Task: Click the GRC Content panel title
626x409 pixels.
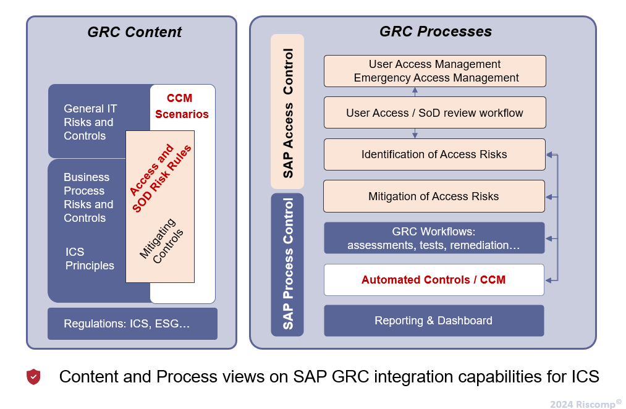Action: (135, 32)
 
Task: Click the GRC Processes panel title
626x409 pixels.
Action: (435, 32)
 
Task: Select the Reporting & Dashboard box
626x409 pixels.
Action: (434, 321)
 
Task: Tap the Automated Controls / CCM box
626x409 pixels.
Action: (434, 280)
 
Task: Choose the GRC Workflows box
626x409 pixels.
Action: (434, 238)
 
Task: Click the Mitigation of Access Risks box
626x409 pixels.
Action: (434, 196)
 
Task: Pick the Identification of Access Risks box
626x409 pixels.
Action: (434, 154)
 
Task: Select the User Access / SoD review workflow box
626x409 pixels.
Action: (434, 113)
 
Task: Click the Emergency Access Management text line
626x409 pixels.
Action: (436, 78)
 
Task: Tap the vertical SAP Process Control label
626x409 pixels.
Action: (288, 264)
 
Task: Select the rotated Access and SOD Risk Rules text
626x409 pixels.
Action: (161, 179)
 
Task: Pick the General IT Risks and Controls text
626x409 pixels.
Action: (90, 122)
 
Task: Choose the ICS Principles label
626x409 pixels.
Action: (90, 259)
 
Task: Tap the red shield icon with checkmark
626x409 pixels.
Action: (33, 377)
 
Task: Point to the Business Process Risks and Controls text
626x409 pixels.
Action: (88, 198)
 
